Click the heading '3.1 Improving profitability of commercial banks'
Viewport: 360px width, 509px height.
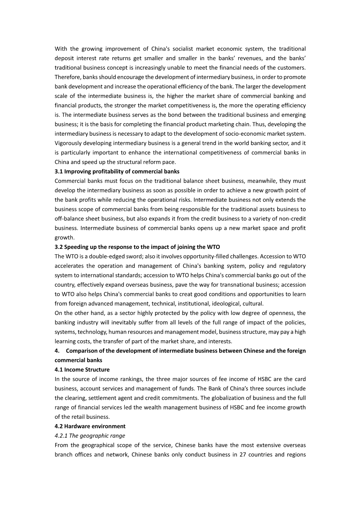(x=117, y=171)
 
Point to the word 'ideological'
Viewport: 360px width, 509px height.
(x=227, y=303)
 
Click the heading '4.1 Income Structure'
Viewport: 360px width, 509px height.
(x=82, y=369)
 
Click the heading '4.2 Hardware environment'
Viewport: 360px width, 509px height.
(x=90, y=426)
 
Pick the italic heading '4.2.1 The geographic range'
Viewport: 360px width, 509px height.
(x=90, y=436)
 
